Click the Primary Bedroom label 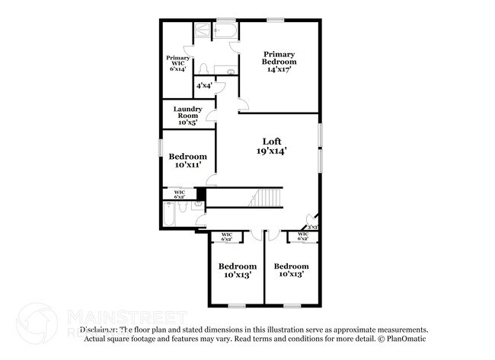click(280, 61)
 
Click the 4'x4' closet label click(204, 85)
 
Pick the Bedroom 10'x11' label click(187, 161)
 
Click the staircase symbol click(267, 198)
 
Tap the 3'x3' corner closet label click(312, 227)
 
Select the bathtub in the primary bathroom click(226, 33)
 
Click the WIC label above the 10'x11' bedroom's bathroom click(180, 194)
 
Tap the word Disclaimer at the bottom click(97, 330)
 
